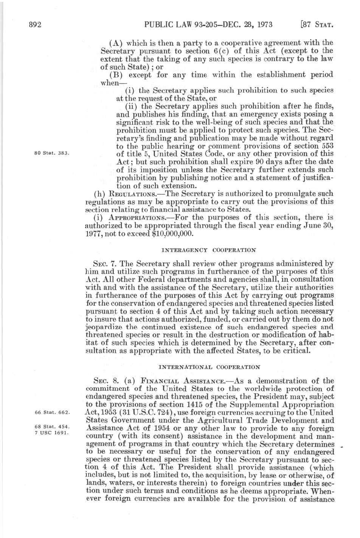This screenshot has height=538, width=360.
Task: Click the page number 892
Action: click(x=35, y=25)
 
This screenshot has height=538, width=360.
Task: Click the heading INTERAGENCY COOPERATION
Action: click(x=209, y=251)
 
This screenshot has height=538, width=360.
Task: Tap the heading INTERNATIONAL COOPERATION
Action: click(x=209, y=367)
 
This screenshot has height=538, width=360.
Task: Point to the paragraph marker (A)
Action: click(x=115, y=43)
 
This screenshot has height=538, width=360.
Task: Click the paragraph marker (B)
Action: click(x=115, y=75)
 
